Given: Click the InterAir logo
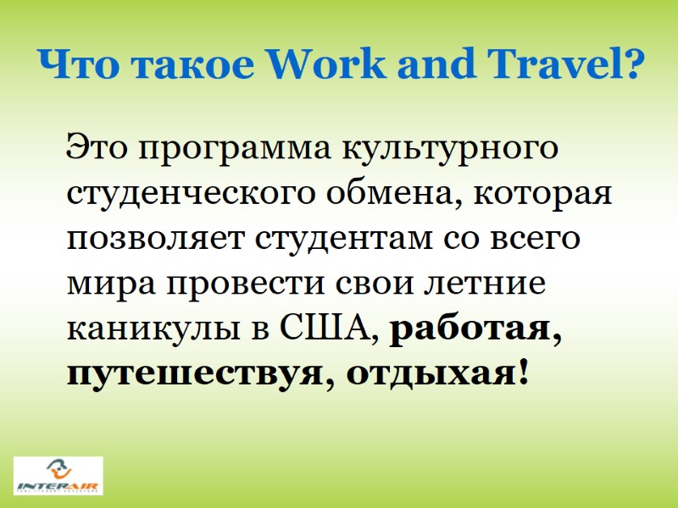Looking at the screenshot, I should click(58, 476).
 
